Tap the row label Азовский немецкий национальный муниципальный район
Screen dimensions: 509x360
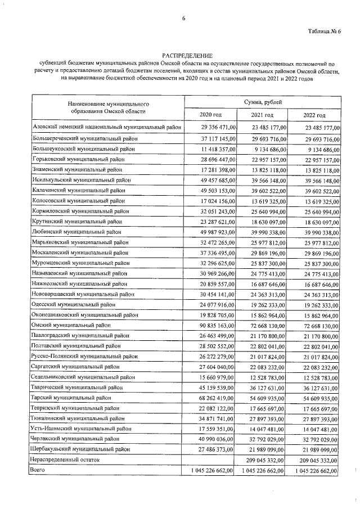coord(107,129)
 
